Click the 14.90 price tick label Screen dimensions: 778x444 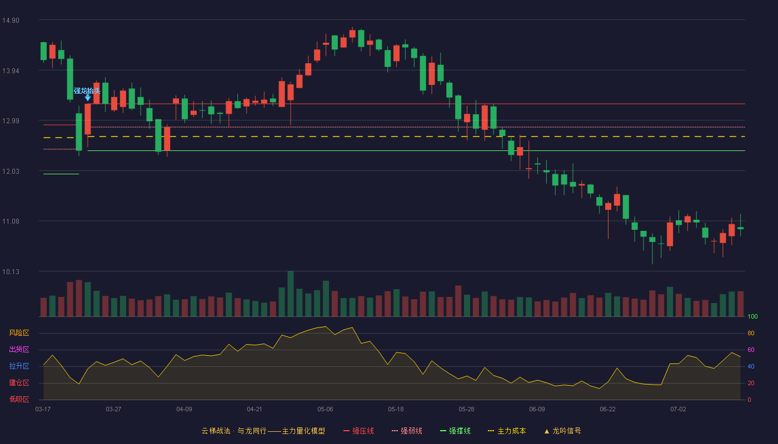tap(11, 21)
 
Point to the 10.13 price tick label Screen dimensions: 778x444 tap(11, 271)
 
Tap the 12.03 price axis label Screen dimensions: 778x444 tap(11, 171)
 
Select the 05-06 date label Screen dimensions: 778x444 tap(325, 410)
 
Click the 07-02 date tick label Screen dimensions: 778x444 tap(678, 410)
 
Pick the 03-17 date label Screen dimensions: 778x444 tap(43, 410)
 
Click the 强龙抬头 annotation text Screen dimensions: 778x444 tap(87, 91)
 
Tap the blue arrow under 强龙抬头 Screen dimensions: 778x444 tap(88, 98)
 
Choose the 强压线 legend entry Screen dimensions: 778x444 tap(358, 431)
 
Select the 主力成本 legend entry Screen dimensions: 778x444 tap(507, 431)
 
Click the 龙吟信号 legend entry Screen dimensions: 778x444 tap(562, 431)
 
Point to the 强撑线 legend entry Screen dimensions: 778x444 tap(455, 431)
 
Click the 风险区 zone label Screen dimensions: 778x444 tap(19, 333)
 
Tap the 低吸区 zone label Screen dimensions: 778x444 tap(19, 400)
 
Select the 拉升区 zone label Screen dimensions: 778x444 tap(19, 366)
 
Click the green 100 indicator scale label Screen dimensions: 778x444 tap(752, 316)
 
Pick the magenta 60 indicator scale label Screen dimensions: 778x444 tap(751, 350)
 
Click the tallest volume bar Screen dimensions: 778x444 tap(291, 294)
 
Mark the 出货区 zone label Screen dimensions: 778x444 tap(19, 350)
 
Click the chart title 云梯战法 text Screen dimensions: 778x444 tap(216, 431)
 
